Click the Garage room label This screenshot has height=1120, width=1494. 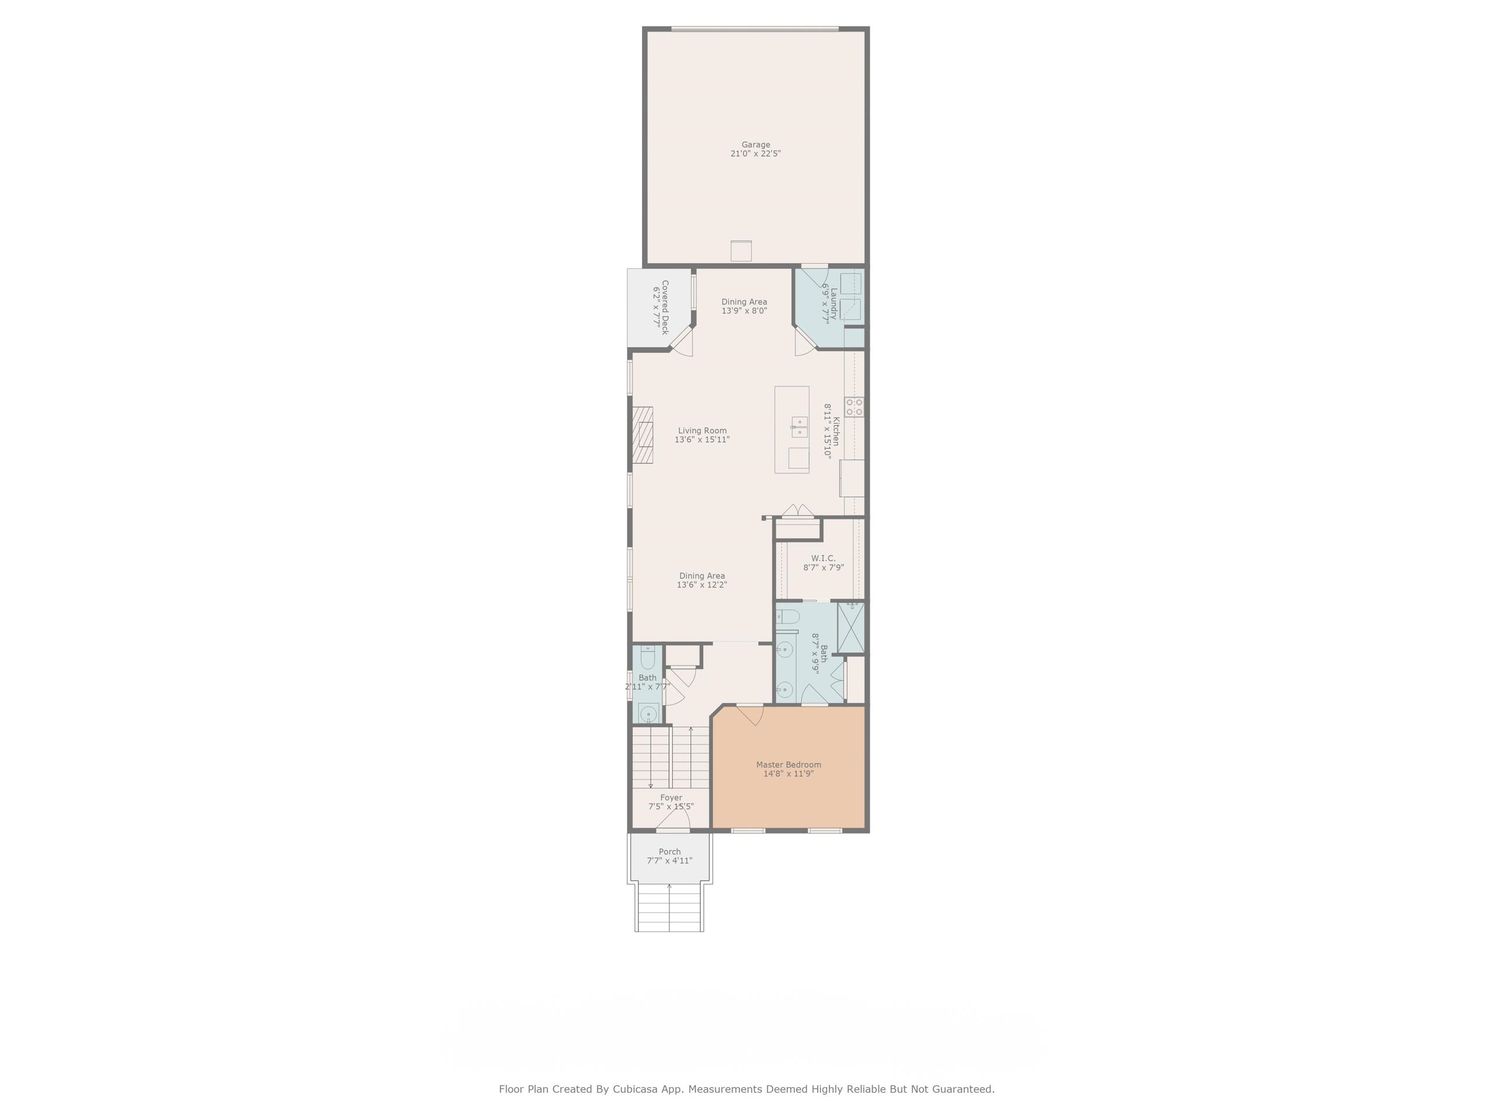pyautogui.click(x=755, y=145)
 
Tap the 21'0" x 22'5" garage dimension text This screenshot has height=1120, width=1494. pyautogui.click(x=755, y=154)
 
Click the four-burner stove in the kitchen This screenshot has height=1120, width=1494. pyautogui.click(x=854, y=407)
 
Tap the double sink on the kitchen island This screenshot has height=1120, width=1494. pyautogui.click(x=799, y=428)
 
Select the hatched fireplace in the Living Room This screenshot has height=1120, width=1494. pyautogui.click(x=170, y=435)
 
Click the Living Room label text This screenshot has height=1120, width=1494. pyautogui.click(x=703, y=430)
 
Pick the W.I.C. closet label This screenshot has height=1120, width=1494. pyautogui.click(x=823, y=558)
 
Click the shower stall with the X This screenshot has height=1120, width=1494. pyautogui.click(x=850, y=627)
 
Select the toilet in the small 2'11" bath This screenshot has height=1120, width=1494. pyautogui.click(x=648, y=657)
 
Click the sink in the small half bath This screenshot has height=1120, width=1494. pyautogui.click(x=648, y=713)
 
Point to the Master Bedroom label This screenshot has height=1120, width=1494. pyautogui.click(x=788, y=765)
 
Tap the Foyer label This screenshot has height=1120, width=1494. pyautogui.click(x=671, y=798)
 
